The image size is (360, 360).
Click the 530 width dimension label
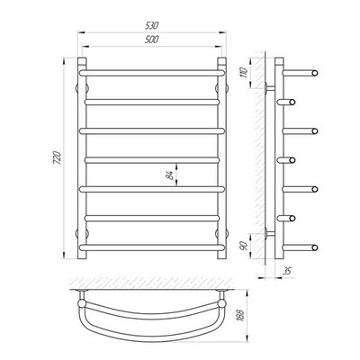coord(151,25)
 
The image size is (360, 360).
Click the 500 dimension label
coord(151,40)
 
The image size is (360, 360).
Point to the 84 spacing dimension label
coord(170,175)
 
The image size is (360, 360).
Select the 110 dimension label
coord(244,73)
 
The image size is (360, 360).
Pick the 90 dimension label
coord(244,246)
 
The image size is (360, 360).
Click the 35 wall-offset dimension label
coord(287,271)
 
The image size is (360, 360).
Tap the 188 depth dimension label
coord(240,315)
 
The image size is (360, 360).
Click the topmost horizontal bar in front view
coord(152,73)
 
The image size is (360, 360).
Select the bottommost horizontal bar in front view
coord(152,247)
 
